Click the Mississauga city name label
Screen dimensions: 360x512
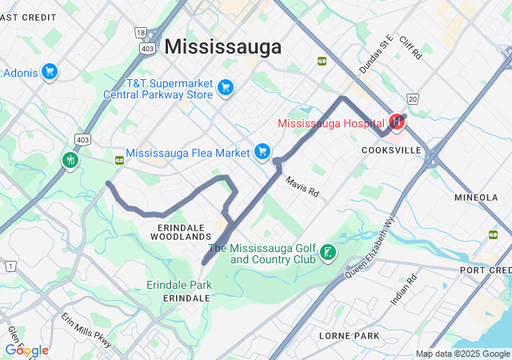pos(223,46)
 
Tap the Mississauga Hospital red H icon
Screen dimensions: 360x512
pos(396,122)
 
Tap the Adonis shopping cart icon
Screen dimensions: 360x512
pos(50,72)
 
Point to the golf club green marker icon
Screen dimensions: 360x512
pos(327,254)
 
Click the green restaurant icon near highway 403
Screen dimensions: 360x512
pos(70,160)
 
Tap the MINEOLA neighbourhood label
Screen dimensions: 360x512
pos(476,197)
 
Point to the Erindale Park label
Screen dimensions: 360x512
pos(179,285)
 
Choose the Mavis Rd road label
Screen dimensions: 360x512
pos(302,187)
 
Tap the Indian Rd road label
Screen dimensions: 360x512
pos(404,290)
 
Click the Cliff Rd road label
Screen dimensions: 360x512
pos(410,47)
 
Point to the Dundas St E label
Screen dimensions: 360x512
pos(376,54)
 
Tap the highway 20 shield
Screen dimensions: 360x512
pos(412,98)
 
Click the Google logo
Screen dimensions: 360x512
pos(26,350)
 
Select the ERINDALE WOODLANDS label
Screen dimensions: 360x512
pos(180,232)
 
